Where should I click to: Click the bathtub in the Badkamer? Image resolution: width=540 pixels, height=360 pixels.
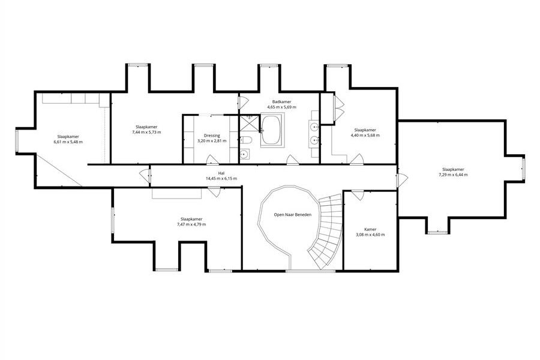[272, 130]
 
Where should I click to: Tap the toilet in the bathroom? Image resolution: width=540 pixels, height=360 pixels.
[246, 140]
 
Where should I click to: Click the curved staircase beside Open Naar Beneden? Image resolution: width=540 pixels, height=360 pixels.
[326, 230]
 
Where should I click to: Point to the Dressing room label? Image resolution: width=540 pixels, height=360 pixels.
[212, 136]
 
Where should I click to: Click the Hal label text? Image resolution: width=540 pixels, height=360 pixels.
[221, 173]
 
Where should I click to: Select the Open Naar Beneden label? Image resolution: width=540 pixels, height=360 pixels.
[292, 215]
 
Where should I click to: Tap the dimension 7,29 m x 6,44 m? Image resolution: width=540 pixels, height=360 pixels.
[453, 175]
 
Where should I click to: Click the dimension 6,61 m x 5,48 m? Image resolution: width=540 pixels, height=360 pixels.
[68, 142]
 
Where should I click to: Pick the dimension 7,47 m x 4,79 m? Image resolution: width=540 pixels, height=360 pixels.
[191, 224]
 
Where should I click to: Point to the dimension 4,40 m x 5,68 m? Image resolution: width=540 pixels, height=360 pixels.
[365, 136]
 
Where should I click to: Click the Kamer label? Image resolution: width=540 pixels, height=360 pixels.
[370, 229]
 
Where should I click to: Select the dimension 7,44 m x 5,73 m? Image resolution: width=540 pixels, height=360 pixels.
[147, 132]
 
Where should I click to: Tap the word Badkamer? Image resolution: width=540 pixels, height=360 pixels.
[282, 102]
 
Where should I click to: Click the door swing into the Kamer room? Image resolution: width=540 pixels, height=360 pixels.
[357, 195]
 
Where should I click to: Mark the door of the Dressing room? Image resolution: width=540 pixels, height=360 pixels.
[212, 159]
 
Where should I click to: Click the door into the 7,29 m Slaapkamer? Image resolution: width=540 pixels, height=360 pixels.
[402, 180]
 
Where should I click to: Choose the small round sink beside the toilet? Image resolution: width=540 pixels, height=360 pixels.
[244, 154]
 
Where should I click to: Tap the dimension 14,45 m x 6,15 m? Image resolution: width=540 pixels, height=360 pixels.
[221, 178]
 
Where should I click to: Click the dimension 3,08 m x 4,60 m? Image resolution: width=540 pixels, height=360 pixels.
[370, 235]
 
